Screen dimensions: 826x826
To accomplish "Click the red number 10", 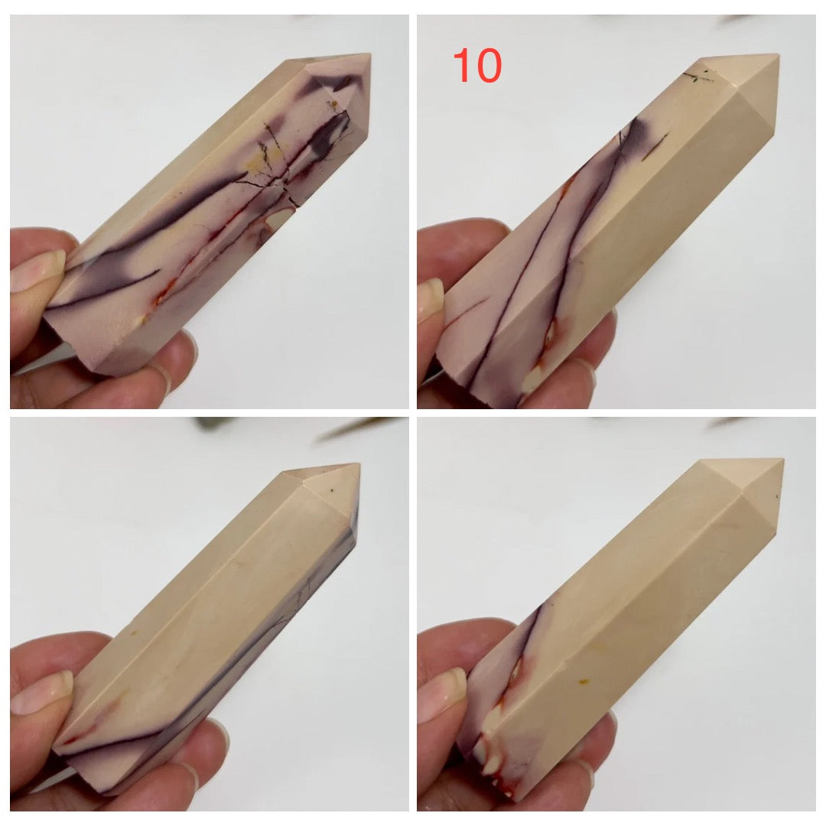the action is click(477, 65).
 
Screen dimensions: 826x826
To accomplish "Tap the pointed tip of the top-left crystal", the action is click(371, 54).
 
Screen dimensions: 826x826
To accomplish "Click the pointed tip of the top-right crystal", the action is click(778, 55).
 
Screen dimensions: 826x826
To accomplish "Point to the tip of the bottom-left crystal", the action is click(359, 465).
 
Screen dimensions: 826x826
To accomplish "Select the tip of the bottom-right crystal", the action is click(783, 460).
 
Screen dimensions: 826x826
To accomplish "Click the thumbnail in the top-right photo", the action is click(431, 301).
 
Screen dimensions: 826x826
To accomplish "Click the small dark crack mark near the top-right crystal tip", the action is click(698, 77).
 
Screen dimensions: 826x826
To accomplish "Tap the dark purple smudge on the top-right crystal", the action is click(636, 131).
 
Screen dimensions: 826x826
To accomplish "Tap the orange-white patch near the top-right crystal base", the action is click(548, 343).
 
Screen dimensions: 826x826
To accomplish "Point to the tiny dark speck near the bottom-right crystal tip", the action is click(778, 496).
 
